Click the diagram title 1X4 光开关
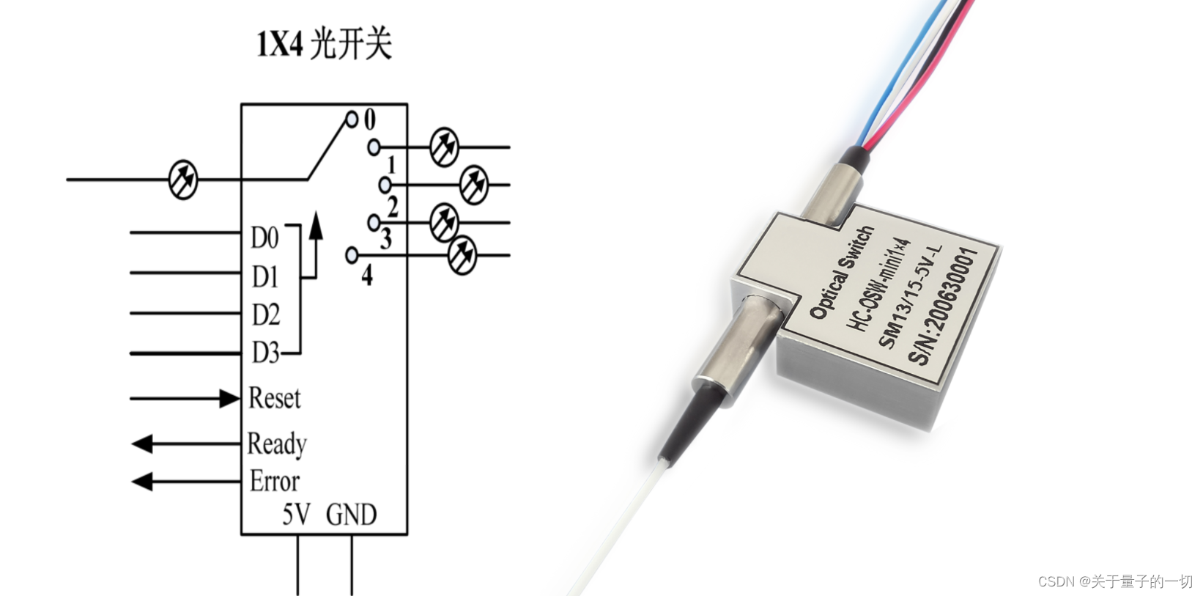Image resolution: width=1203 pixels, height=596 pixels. point(324,44)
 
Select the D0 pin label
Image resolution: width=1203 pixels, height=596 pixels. point(264,238)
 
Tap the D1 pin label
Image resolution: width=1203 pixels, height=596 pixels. point(264,277)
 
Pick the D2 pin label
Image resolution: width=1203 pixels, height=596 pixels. point(265,315)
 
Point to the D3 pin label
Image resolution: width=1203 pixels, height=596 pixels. point(265,353)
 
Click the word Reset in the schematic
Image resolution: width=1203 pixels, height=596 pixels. point(274,398)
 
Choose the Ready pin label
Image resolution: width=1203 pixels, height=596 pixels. point(276,444)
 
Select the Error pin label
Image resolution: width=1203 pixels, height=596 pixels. point(274,482)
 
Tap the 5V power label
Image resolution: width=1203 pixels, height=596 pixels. point(296,515)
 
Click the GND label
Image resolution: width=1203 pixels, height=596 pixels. point(351,515)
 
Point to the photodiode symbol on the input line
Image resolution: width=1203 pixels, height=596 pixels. point(183,180)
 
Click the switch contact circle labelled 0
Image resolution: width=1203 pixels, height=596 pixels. point(352,118)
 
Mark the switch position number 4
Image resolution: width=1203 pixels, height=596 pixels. point(367,275)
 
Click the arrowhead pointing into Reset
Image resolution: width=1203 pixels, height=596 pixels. point(229,399)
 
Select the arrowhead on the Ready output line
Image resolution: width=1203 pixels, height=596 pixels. point(142,444)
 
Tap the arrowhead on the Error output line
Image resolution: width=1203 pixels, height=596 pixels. point(142,482)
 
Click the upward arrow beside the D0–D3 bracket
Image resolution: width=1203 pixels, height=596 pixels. point(315,227)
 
